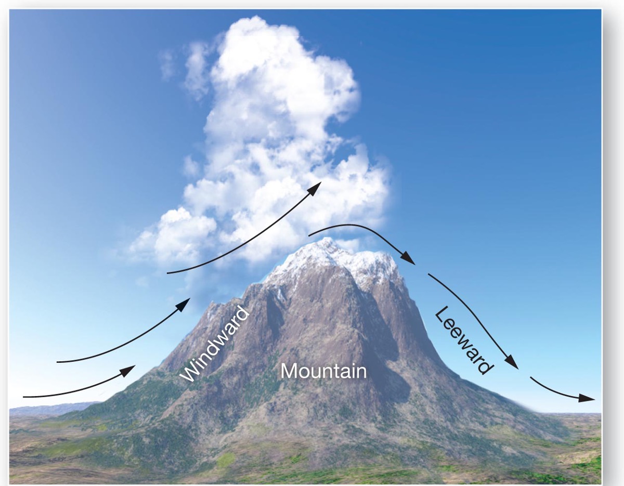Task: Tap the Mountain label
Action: coord(323,371)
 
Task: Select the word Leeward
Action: coord(462,340)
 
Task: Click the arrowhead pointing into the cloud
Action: coord(315,187)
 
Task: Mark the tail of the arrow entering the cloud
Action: coord(167,272)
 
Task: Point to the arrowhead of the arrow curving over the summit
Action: coord(409,260)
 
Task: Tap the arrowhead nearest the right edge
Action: coord(588,398)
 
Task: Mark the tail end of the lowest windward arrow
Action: coord(24,397)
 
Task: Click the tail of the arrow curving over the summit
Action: coord(309,235)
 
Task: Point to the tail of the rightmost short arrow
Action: coord(530,378)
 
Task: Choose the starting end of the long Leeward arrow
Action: coord(428,274)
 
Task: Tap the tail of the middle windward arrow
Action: coord(57,361)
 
